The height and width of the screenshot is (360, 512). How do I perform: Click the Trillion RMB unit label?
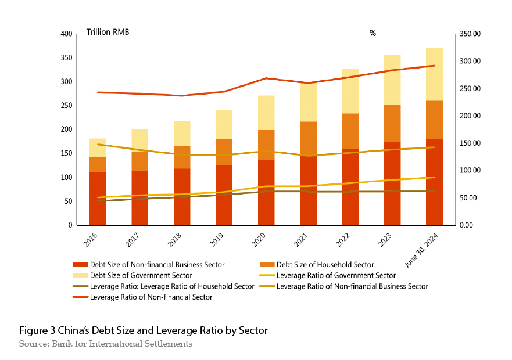tap(108, 32)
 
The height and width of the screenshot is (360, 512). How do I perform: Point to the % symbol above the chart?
tap(373, 33)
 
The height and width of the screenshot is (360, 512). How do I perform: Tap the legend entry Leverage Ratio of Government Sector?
tap(336, 275)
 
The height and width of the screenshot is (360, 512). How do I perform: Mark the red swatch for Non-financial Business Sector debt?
tap(80, 265)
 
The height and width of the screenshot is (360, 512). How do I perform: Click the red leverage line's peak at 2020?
tap(266, 78)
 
